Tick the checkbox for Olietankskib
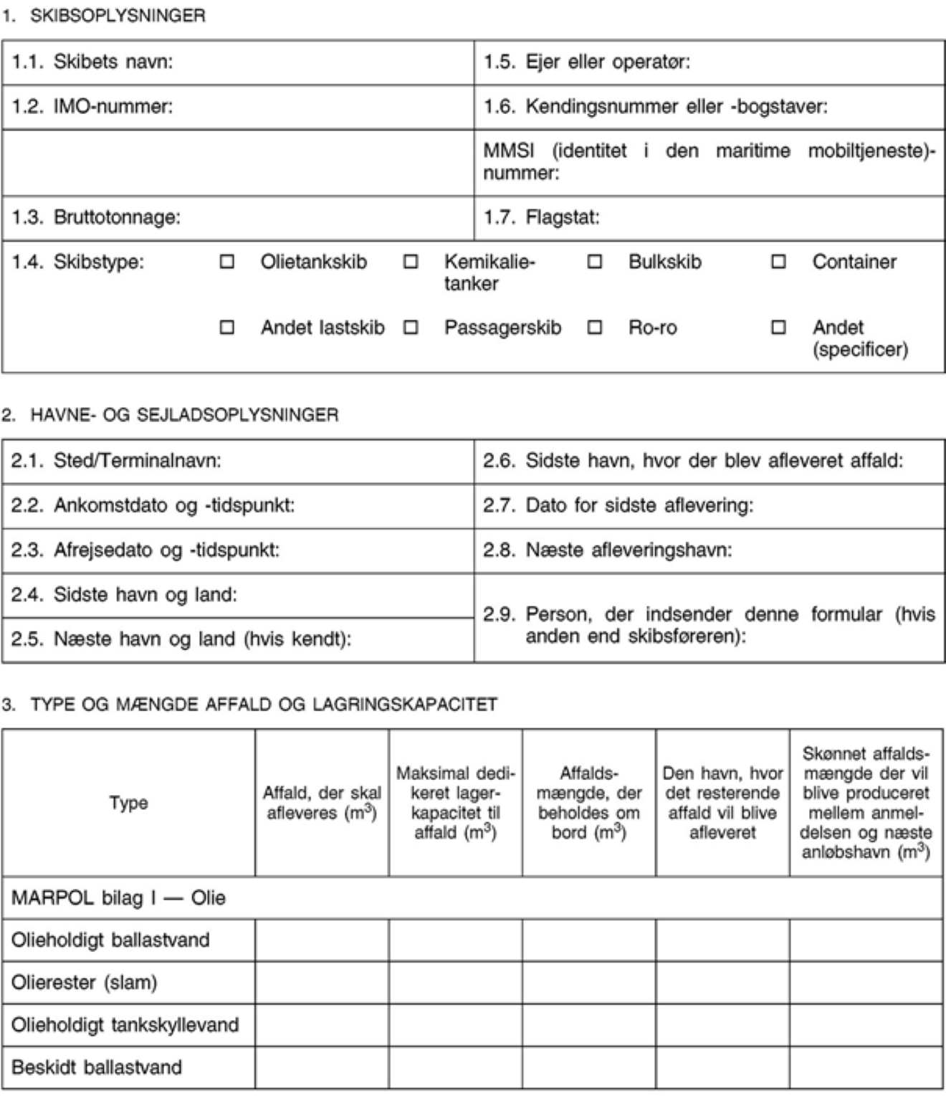[226, 262]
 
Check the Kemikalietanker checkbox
[411, 262]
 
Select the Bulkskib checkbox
[595, 262]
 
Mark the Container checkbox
[778, 262]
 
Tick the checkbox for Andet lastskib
[226, 328]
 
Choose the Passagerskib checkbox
[411, 328]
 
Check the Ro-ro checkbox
[595, 328]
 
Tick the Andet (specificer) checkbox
[778, 328]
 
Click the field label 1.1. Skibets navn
[92, 62]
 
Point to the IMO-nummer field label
[92, 107]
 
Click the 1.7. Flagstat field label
[541, 217]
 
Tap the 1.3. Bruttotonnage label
[95, 217]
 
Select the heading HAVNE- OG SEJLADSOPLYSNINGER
[184, 415]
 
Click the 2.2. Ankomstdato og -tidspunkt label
[152, 505]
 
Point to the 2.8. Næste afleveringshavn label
[607, 550]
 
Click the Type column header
[129, 803]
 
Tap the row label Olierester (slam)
[84, 982]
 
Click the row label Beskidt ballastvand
[97, 1067]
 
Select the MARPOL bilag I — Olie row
[118, 897]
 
